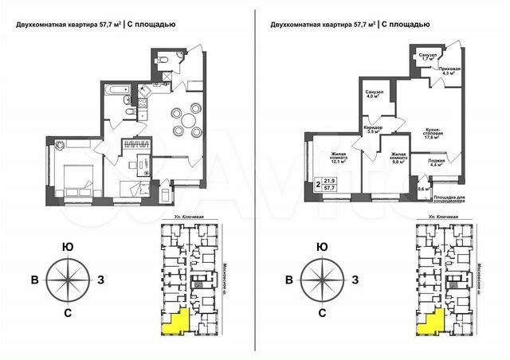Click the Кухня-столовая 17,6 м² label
pos(433,134)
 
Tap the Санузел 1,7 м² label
pos(429,57)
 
